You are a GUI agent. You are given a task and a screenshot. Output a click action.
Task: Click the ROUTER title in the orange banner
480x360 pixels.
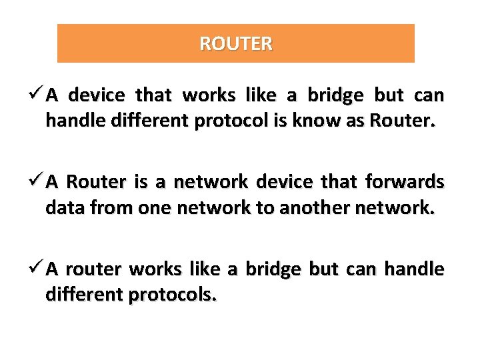point(236,44)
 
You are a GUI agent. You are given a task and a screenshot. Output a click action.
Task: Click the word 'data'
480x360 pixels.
point(63,209)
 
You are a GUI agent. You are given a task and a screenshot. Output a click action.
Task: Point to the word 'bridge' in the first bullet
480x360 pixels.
point(335,96)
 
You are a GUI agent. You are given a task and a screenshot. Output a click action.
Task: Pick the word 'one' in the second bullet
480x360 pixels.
point(155,209)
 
